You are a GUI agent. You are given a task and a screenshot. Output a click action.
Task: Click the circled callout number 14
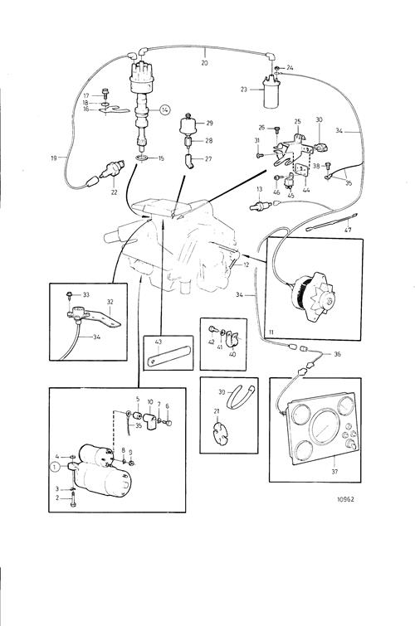tap(165, 109)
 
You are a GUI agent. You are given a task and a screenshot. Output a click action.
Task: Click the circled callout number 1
tap(55, 466)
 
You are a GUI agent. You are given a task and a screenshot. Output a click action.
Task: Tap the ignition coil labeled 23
tap(271, 91)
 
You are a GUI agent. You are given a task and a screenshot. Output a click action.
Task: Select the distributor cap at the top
tap(142, 75)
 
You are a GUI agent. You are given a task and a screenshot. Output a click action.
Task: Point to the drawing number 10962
tap(345, 499)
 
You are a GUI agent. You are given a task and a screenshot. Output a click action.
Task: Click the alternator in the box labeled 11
tap(313, 296)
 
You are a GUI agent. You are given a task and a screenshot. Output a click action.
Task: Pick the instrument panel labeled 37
tap(322, 428)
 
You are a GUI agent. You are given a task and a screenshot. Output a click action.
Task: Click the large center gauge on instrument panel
tap(325, 426)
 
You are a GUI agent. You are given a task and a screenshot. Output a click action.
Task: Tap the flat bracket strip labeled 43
tap(168, 356)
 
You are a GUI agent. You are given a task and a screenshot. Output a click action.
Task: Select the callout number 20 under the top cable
tap(204, 63)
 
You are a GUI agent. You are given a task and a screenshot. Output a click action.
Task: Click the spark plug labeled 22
tap(112, 169)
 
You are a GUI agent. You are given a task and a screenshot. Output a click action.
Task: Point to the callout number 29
tap(209, 123)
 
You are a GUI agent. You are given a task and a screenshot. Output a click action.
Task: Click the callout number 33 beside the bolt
tap(86, 295)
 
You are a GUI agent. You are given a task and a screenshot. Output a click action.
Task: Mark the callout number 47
tap(348, 231)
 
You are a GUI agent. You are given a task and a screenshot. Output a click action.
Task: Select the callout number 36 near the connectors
tap(337, 354)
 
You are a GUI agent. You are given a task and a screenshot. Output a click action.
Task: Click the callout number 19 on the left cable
tap(54, 158)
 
